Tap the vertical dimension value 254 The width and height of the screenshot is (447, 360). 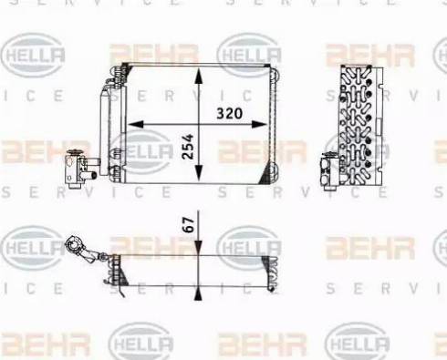point(187,140)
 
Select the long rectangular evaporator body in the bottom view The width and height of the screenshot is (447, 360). point(196,271)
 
